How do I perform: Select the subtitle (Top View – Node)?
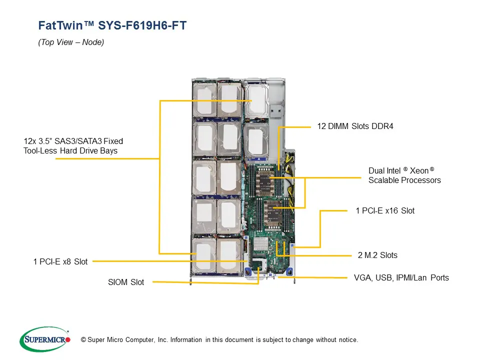pos(71,42)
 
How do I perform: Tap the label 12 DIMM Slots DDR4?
pos(355,126)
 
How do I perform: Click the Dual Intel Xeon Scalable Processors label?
pos(404,175)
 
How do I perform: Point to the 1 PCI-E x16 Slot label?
pos(385,211)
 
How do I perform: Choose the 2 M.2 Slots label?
pos(377,255)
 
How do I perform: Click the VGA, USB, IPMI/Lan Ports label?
pos(401,277)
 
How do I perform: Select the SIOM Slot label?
pos(126,282)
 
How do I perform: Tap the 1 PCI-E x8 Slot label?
pos(60,261)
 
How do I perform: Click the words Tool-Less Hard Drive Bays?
pos(70,150)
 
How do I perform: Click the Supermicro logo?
pos(44,339)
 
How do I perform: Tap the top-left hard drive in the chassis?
pos(204,100)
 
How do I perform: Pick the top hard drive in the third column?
pos(255,100)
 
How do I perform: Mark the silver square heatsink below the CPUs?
pos(261,245)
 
